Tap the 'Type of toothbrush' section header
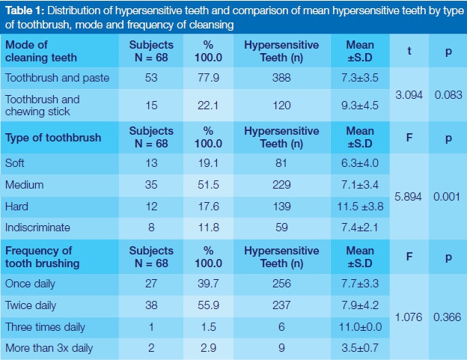[52, 138]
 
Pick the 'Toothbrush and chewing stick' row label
[42, 105]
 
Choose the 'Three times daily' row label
[45, 327]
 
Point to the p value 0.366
[448, 317]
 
